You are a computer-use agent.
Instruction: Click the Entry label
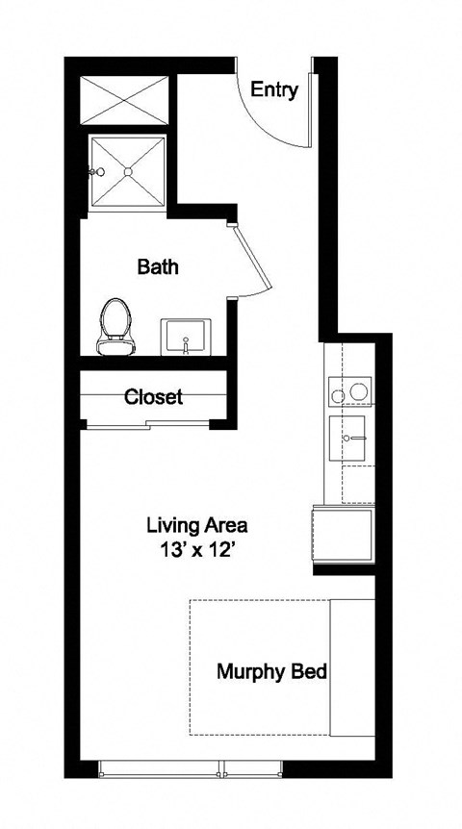274,90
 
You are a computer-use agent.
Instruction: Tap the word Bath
158,266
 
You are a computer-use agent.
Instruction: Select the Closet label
153,396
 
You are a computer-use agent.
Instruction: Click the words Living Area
197,526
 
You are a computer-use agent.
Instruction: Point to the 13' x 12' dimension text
197,551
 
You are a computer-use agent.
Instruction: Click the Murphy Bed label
271,671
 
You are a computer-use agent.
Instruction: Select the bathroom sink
187,338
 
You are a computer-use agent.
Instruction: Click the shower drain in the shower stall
128,171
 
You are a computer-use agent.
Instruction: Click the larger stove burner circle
360,392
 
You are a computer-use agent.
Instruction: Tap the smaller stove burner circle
337,394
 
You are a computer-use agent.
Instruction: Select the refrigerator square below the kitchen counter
343,536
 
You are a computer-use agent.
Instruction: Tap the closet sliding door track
150,424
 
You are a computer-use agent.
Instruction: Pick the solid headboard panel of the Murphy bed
351,668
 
